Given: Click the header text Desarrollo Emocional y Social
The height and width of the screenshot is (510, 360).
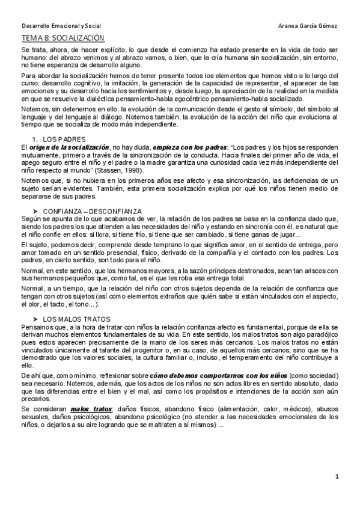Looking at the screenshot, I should (61, 26).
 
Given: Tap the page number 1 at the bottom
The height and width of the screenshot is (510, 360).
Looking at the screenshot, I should (337, 476).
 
